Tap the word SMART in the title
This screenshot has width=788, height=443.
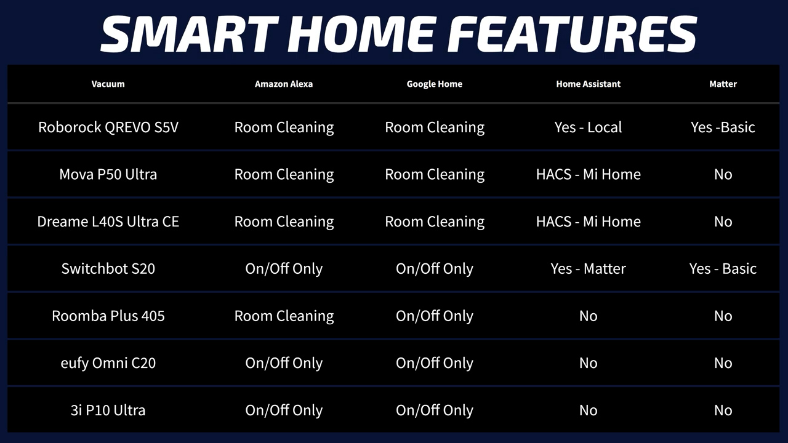click(190, 34)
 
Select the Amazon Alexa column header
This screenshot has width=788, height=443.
click(284, 84)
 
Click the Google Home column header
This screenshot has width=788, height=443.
click(435, 84)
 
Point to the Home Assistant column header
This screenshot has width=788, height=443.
click(588, 84)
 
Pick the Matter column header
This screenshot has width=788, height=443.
click(723, 84)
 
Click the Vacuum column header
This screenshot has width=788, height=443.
click(108, 84)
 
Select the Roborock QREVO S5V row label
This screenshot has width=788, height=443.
click(108, 127)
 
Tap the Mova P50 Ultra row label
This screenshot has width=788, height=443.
click(108, 174)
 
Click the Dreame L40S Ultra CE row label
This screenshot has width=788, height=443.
click(108, 221)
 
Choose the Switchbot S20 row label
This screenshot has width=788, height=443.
click(108, 269)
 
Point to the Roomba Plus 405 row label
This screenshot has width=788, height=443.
click(108, 316)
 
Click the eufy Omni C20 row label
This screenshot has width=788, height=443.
click(108, 363)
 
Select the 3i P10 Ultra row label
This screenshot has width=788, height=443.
click(108, 410)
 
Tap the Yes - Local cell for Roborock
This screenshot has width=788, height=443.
click(588, 127)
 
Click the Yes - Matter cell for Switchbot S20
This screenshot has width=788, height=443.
click(588, 269)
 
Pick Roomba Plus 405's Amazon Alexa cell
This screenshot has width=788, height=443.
click(284, 316)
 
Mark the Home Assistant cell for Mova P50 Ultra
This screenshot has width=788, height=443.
click(588, 174)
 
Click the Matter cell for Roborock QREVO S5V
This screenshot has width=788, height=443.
click(723, 127)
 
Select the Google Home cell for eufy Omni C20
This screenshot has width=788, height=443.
click(435, 363)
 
